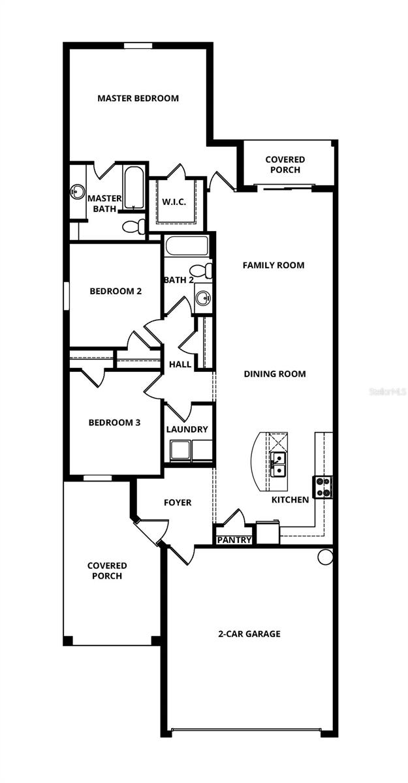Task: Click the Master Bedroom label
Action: [138, 99]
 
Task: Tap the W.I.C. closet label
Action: [174, 202]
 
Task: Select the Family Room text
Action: [274, 266]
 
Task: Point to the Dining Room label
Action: [275, 374]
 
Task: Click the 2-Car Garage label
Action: [249, 634]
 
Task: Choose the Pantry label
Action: [234, 540]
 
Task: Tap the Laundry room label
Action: [187, 429]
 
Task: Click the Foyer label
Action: [178, 502]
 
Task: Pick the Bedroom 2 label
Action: [116, 291]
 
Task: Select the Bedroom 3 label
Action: [114, 422]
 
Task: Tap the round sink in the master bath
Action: [77, 192]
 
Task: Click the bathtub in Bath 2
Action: [187, 246]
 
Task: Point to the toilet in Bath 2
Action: [200, 270]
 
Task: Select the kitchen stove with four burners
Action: [323, 486]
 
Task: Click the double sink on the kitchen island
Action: [278, 463]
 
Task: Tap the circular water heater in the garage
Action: [325, 557]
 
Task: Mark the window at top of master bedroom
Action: [138, 45]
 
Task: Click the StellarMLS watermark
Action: [387, 391]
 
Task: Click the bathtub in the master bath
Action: [134, 188]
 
